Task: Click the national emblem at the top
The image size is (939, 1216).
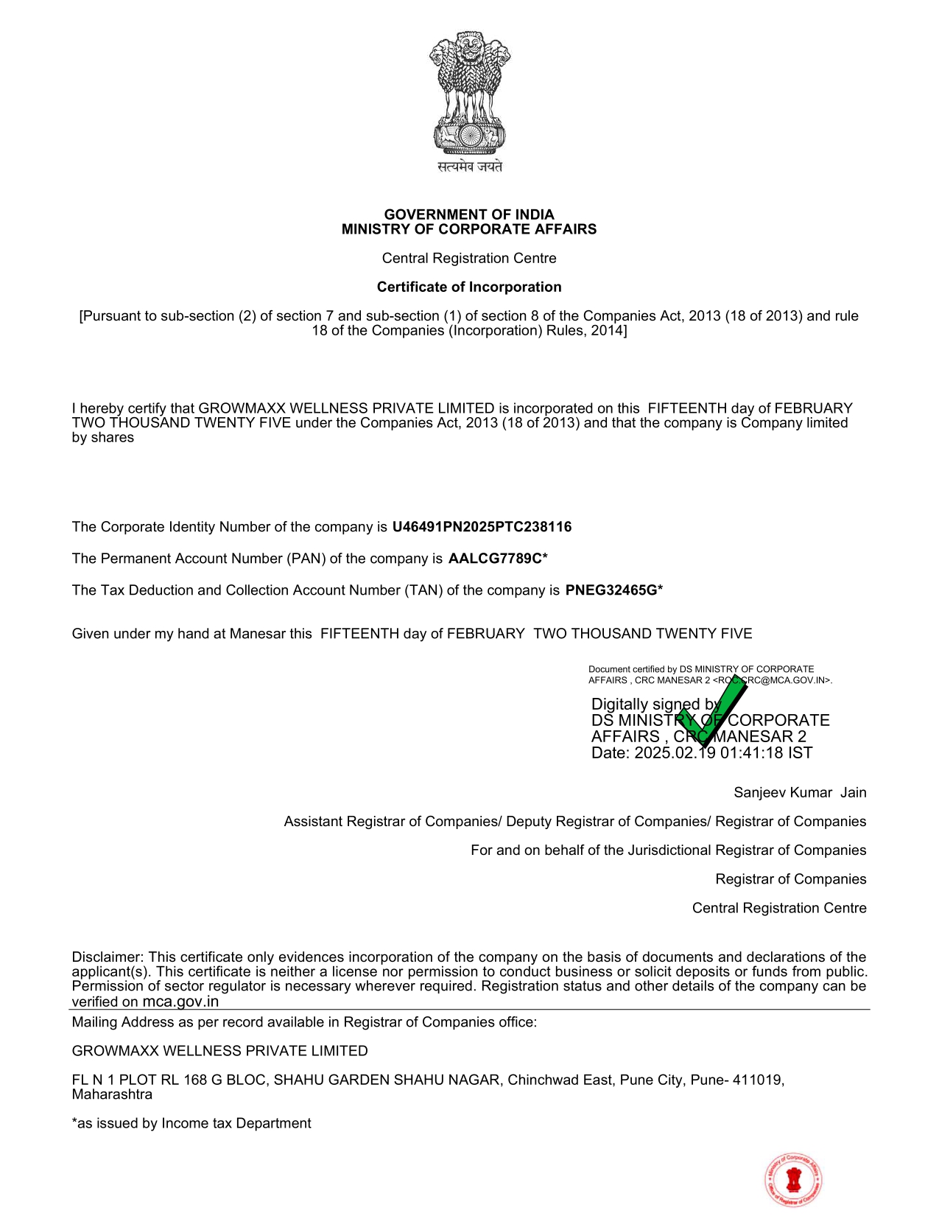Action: (x=469, y=92)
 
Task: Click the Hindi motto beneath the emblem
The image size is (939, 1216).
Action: (x=469, y=167)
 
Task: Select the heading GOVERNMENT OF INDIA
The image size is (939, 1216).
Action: (x=469, y=214)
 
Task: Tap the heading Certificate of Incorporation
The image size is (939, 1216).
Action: (x=469, y=287)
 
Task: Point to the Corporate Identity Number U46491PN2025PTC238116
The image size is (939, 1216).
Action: (x=482, y=527)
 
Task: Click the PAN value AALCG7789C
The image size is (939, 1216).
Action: (x=495, y=559)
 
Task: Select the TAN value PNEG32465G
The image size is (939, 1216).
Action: (x=611, y=590)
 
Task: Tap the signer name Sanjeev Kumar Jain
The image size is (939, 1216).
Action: (x=800, y=793)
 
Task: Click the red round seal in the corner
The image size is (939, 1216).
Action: (x=793, y=1180)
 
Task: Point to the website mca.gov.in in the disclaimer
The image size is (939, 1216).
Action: (x=180, y=1002)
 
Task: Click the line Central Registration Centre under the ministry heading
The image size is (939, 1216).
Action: (x=469, y=259)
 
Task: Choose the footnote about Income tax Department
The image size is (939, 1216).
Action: (x=191, y=1124)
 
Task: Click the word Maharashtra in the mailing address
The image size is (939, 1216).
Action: (x=112, y=1094)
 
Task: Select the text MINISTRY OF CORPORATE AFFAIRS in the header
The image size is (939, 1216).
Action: (x=469, y=229)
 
